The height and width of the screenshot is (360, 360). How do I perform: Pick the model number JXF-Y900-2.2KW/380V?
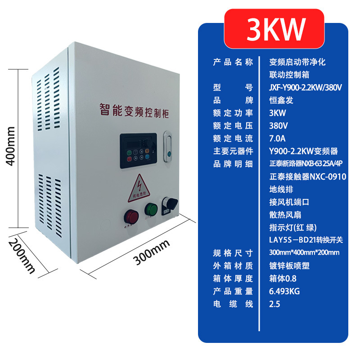pyautogui.click(x=306, y=87)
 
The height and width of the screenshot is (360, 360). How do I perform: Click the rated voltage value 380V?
pyautogui.click(x=278, y=125)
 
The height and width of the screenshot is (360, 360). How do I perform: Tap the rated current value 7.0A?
pyautogui.click(x=277, y=138)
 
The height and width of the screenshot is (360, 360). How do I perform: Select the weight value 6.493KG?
pyautogui.click(x=284, y=291)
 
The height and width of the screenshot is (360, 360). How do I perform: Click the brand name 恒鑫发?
pyautogui.click(x=280, y=100)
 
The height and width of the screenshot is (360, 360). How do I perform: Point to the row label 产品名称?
pyautogui.click(x=233, y=62)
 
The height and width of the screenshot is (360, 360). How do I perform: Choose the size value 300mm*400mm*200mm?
pyautogui.click(x=304, y=252)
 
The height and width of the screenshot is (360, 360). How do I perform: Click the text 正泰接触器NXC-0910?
pyautogui.click(x=307, y=177)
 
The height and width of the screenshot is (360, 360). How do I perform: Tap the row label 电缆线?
pyautogui.click(x=233, y=304)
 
